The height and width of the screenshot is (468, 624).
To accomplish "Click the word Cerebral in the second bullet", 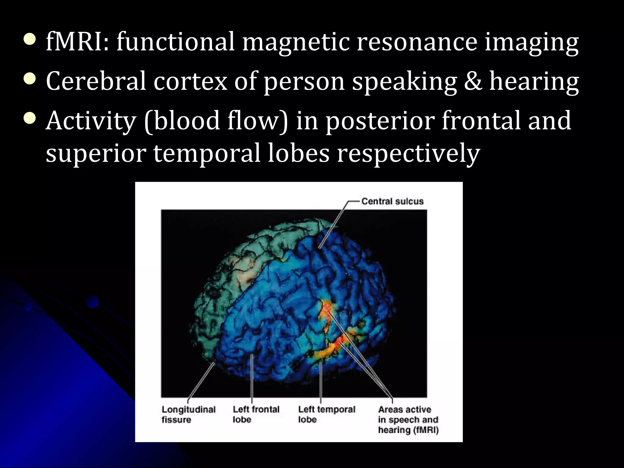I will point(96,81).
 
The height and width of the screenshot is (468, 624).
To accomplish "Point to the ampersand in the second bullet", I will point(473,81).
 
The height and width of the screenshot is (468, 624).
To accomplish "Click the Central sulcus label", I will point(392,201).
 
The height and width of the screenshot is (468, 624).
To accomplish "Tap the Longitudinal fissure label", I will point(188,414).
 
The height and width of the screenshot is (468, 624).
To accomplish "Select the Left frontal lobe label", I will point(256,414).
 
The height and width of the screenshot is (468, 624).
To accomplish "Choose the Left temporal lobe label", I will point(326,414).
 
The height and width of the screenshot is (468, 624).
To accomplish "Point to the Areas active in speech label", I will point(408,420).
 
